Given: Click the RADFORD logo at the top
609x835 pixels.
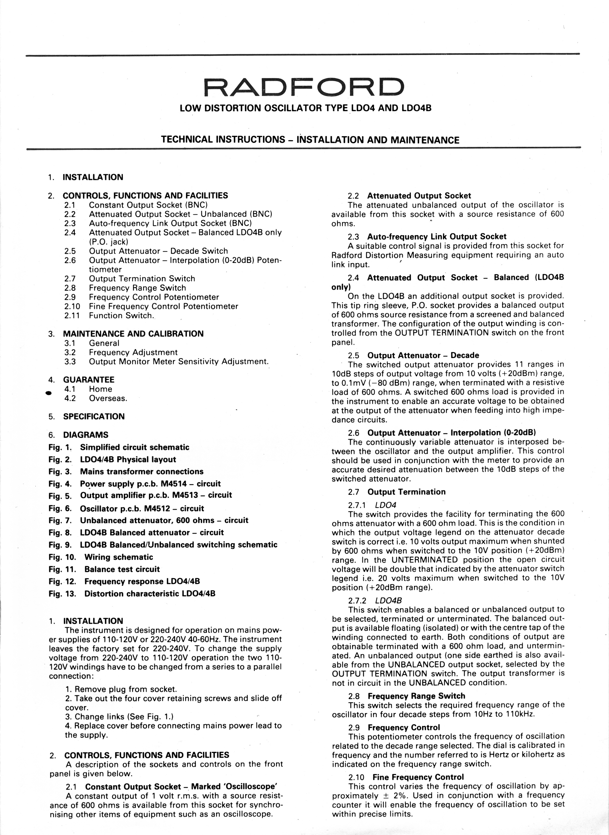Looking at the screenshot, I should click(x=304, y=86).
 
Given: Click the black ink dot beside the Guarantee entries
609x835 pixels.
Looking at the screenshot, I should click(x=48, y=393).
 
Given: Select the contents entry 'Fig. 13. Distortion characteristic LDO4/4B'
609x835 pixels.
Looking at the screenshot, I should click(x=132, y=594).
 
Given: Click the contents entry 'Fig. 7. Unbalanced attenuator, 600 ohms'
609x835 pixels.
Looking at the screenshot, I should click(x=148, y=520).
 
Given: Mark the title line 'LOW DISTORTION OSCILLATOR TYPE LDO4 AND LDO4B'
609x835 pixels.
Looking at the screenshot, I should click(x=305, y=108).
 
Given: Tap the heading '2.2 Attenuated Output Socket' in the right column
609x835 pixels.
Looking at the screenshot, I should click(x=409, y=196).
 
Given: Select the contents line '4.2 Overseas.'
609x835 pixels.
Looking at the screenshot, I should click(x=96, y=399).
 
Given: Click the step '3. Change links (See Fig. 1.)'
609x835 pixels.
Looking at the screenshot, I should click(x=119, y=717).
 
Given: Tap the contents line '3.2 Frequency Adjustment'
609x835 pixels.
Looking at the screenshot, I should click(x=121, y=352).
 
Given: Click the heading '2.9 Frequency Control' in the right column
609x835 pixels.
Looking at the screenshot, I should click(x=394, y=728).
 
